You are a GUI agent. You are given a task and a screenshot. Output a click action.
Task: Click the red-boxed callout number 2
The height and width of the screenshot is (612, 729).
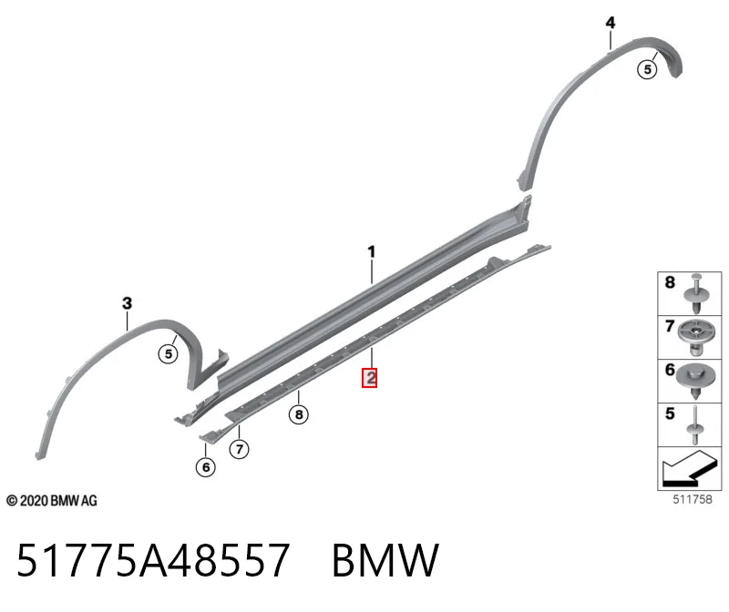click(370, 378)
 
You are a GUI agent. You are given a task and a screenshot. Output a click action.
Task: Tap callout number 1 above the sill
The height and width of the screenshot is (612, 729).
click(371, 252)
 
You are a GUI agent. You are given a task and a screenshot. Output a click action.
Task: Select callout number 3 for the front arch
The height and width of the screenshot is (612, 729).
click(127, 303)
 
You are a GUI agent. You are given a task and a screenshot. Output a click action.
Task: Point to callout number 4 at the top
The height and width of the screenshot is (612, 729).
click(611, 23)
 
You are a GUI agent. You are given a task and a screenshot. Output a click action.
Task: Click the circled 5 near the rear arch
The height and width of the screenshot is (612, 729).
click(647, 70)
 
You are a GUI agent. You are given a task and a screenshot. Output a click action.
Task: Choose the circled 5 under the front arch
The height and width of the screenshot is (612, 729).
click(169, 354)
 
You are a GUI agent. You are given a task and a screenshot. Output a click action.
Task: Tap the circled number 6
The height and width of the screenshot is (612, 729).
click(206, 467)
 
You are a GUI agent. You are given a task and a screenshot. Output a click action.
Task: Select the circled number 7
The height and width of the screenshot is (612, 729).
click(239, 449)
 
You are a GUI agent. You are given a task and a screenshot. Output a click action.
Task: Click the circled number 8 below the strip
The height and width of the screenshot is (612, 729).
click(299, 414)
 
